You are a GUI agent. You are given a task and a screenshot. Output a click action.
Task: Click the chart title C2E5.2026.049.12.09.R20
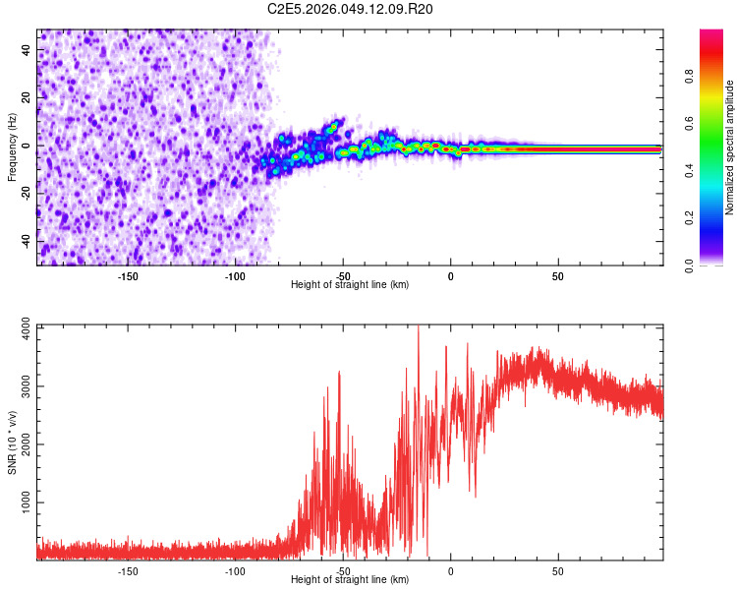tap(351, 9)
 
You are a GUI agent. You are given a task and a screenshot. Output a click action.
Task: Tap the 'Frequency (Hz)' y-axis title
tap(12, 147)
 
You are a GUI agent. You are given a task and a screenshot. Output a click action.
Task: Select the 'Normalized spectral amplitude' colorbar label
tap(730, 147)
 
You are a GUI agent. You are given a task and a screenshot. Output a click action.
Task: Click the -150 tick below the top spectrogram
tap(128, 276)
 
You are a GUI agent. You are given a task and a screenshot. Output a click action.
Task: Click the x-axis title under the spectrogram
tap(350, 285)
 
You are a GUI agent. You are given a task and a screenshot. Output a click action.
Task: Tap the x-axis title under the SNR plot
tap(350, 580)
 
